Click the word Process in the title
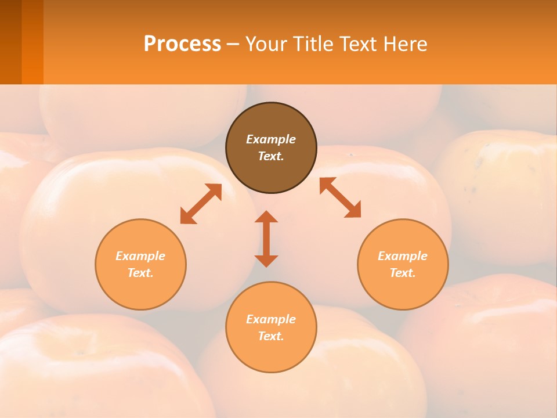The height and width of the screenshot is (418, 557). pos(182,44)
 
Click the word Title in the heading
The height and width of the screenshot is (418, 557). pos(313,44)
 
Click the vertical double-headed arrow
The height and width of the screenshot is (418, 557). pos(266,239)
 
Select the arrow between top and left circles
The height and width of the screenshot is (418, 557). pos(201,204)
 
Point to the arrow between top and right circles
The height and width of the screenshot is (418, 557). pos(341,197)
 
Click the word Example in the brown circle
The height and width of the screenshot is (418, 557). pos(271,139)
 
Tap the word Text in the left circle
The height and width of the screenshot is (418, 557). pos(140,273)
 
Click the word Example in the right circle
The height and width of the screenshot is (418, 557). pos(403,256)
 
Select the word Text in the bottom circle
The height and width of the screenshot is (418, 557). pos(271,336)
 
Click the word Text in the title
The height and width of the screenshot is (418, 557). pos(357,44)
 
